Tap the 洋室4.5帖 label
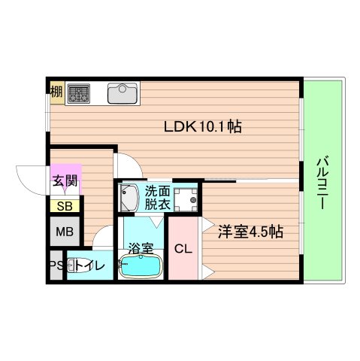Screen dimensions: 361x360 coord(251,232)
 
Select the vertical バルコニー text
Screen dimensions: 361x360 coord(322,184)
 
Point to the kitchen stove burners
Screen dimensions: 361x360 coord(79,93)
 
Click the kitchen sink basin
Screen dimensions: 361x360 coord(120,94)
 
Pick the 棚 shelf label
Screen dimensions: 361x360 coord(56,93)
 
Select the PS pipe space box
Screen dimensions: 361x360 coord(54,266)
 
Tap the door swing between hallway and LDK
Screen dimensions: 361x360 coord(126,164)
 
